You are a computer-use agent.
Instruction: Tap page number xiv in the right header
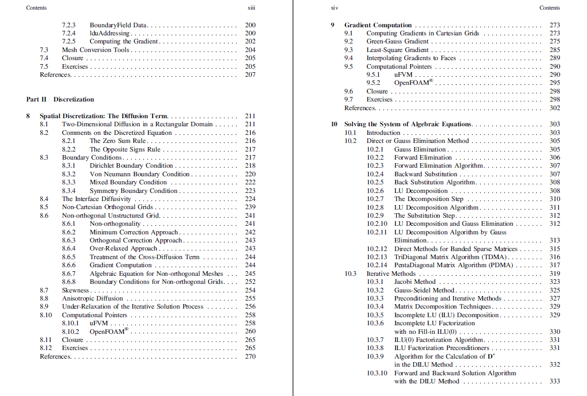pyautogui.click(x=333, y=8)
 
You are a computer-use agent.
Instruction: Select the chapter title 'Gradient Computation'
pyautogui.click(x=378, y=25)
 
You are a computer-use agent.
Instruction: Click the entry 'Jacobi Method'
pyautogui.click(x=415, y=282)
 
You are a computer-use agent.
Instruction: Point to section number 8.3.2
pyautogui.click(x=69, y=174)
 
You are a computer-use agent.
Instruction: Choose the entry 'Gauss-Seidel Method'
pyautogui.click(x=424, y=290)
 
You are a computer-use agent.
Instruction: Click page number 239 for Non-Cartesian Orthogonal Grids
pyautogui.click(x=250, y=207)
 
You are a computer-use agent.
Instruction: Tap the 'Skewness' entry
pyautogui.click(x=75, y=290)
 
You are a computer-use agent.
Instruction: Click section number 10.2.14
pyautogui.click(x=377, y=265)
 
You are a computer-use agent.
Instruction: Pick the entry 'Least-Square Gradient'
pyautogui.click(x=397, y=50)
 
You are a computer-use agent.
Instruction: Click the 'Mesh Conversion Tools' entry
pyautogui.click(x=96, y=50)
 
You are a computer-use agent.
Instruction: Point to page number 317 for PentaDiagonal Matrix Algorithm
pyautogui.click(x=555, y=265)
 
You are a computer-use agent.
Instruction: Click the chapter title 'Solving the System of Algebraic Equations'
pyautogui.click(x=407, y=124)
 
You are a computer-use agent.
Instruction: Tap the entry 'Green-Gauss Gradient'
pyautogui.click(x=397, y=41)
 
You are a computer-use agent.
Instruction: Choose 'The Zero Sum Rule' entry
pyautogui.click(x=118, y=141)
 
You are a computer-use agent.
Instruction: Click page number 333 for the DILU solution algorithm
pyautogui.click(x=555, y=381)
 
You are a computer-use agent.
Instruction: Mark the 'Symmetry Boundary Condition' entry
pyautogui.click(x=133, y=191)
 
